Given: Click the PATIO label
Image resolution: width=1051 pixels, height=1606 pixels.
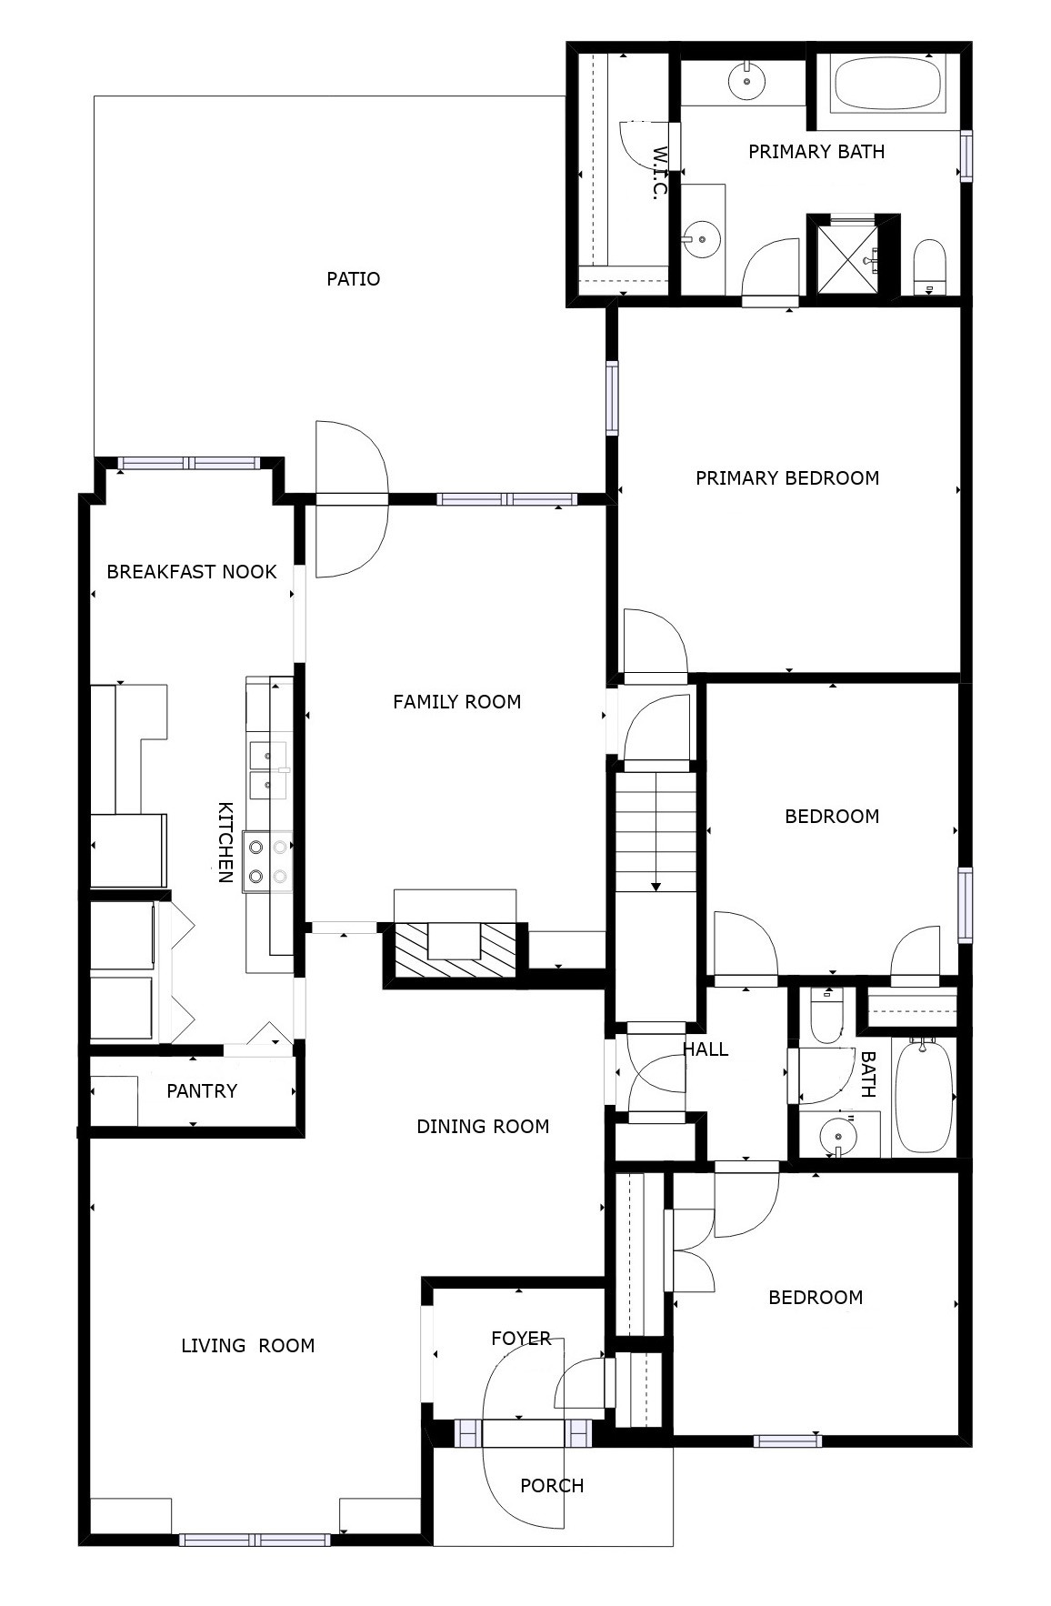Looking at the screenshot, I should pyautogui.click(x=353, y=279).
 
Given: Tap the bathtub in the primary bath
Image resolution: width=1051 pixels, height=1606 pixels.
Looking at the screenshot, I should pyautogui.click(x=886, y=84).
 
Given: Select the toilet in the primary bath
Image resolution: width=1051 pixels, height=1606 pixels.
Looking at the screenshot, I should pyautogui.click(x=929, y=266).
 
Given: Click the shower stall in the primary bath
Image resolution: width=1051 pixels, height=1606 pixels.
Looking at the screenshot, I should pyautogui.click(x=848, y=257).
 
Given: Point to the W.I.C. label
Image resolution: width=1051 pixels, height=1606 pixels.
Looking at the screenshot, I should pyautogui.click(x=659, y=173).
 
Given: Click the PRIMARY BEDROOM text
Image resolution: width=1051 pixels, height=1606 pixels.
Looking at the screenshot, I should pyautogui.click(x=786, y=478).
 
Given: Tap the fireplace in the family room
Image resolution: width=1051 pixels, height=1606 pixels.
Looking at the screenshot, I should pyautogui.click(x=455, y=949).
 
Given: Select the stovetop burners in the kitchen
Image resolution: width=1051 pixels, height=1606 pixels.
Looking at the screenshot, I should pyautogui.click(x=268, y=861).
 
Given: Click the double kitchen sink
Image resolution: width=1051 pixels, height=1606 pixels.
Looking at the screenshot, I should pyautogui.click(x=268, y=769).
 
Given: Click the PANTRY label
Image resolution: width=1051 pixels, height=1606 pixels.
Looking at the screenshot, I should pyautogui.click(x=202, y=1091).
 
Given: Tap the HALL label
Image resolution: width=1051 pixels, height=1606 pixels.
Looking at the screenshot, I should pyautogui.click(x=706, y=1049).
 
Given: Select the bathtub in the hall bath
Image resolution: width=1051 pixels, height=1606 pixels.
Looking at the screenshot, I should pyautogui.click(x=924, y=1096).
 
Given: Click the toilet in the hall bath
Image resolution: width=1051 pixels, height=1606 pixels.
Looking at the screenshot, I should pyautogui.click(x=827, y=1017).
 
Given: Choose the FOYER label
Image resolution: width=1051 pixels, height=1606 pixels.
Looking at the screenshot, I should pyautogui.click(x=520, y=1339).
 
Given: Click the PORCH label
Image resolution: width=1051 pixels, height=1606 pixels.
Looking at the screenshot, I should pyautogui.click(x=551, y=1486).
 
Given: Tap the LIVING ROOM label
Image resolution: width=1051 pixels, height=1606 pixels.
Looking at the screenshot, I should pyautogui.click(x=247, y=1346).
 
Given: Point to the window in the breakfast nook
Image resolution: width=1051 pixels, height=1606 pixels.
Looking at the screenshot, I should pyautogui.click(x=189, y=464).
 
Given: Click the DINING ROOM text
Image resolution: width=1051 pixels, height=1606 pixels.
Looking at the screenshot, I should pyautogui.click(x=483, y=1127).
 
